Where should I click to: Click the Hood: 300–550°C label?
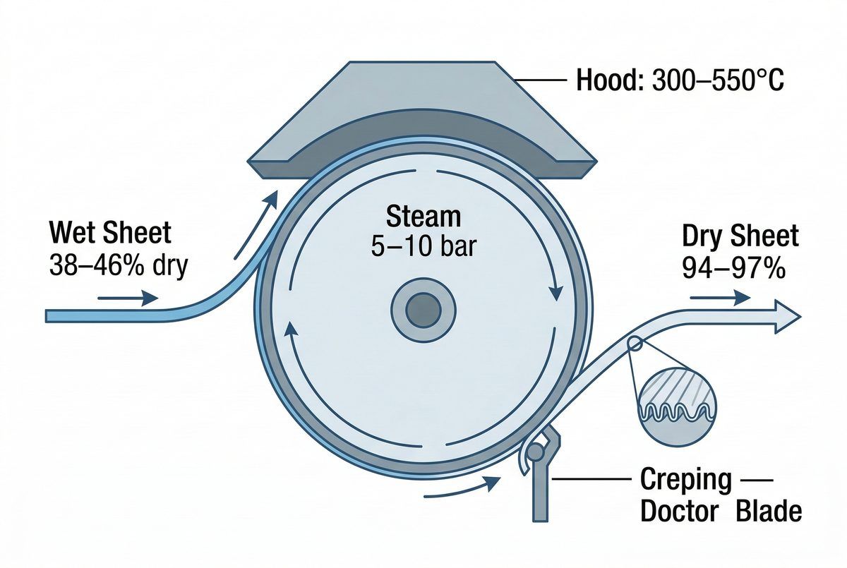click(680, 83)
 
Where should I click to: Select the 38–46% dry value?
click(117, 267)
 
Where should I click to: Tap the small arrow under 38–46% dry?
click(128, 298)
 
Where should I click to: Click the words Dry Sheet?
click(740, 236)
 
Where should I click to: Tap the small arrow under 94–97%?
click(720, 298)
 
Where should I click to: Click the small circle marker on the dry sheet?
click(634, 344)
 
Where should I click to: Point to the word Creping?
click(685, 480)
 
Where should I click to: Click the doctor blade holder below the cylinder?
click(543, 474)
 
